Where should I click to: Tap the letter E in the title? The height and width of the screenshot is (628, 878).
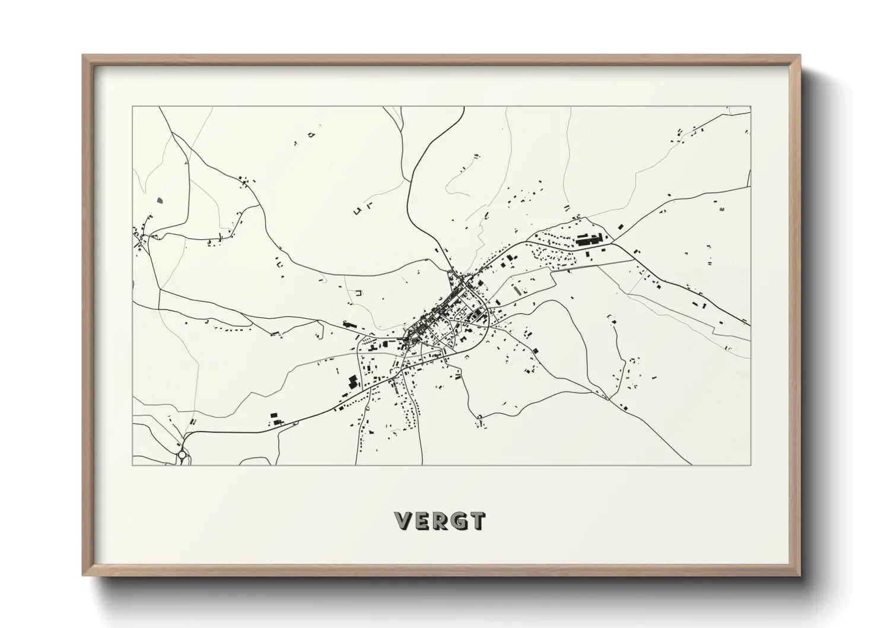(x=421, y=521)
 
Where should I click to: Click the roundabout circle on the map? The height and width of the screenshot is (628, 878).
(x=182, y=455)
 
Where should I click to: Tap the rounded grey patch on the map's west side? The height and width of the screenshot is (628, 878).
(x=160, y=200)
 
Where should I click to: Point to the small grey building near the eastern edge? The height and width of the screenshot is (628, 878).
(x=721, y=208)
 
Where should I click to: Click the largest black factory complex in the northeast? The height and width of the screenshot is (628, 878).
(x=588, y=240)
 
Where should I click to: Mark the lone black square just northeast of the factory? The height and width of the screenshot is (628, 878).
(x=621, y=226)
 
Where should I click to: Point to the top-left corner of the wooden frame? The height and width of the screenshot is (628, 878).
(x=84, y=56)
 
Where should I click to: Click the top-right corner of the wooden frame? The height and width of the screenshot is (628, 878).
(x=799, y=56)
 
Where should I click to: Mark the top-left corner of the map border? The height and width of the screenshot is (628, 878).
(x=132, y=107)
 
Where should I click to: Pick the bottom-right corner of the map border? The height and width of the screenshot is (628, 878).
(x=750, y=465)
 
